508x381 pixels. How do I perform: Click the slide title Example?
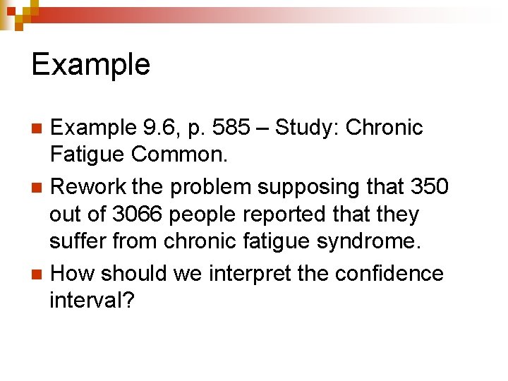coord(91,65)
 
